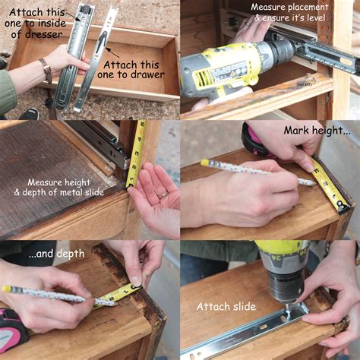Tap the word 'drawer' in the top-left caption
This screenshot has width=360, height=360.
(x=136, y=76)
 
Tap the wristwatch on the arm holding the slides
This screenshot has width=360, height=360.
(x=46, y=70)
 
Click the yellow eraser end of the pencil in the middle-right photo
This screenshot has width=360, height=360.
(x=204, y=163)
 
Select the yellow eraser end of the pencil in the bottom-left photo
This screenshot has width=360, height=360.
(x=6, y=289)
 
